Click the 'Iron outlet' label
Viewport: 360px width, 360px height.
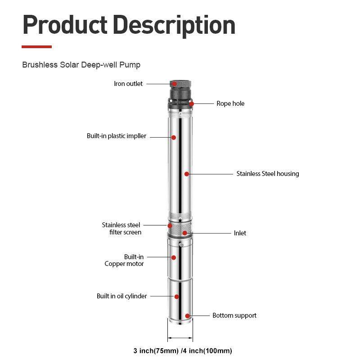point(128,84)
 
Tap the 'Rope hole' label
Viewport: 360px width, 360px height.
point(230,103)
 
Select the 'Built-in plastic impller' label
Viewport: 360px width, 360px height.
point(117,136)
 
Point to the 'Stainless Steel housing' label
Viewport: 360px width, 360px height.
point(268,174)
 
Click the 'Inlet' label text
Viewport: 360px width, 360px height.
point(240,233)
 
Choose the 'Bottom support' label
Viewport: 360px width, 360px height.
point(234,315)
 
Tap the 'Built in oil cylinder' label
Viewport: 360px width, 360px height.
point(121,296)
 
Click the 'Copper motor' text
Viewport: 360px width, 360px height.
point(124,264)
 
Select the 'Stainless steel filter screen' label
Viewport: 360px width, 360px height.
point(121,229)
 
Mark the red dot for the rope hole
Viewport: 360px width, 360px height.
point(192,103)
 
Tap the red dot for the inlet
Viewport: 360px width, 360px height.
point(184,233)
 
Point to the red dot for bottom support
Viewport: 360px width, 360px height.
point(188,315)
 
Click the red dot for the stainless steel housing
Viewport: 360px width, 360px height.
point(186,174)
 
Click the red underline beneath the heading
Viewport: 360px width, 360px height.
point(37,47)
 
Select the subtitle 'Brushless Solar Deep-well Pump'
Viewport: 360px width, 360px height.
point(81,65)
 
